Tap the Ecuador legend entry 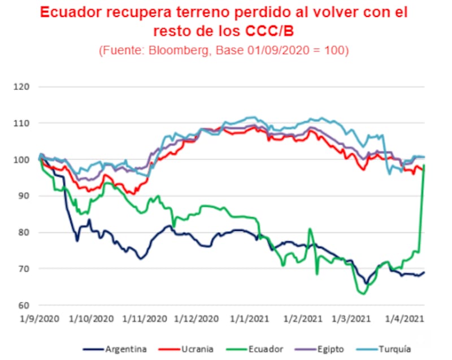click(x=266, y=349)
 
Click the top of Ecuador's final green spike click(x=424, y=165)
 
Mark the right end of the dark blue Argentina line click(x=424, y=272)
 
